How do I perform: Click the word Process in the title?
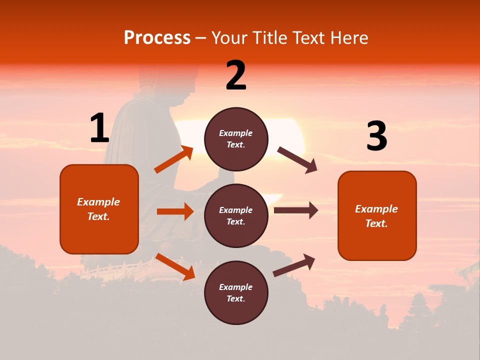click(x=157, y=38)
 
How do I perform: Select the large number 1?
click(x=99, y=128)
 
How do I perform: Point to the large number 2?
click(x=236, y=76)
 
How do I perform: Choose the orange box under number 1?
click(x=99, y=209)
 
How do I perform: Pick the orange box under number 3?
click(x=377, y=215)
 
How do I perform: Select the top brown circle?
click(x=236, y=139)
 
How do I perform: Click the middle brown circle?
click(x=236, y=215)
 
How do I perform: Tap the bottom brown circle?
click(x=236, y=292)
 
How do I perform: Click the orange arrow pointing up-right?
click(x=174, y=159)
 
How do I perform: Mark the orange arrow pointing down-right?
click(x=175, y=266)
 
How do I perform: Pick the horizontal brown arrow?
click(x=295, y=210)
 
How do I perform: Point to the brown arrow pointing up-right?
click(x=294, y=265)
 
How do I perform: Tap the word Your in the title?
click(x=230, y=38)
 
